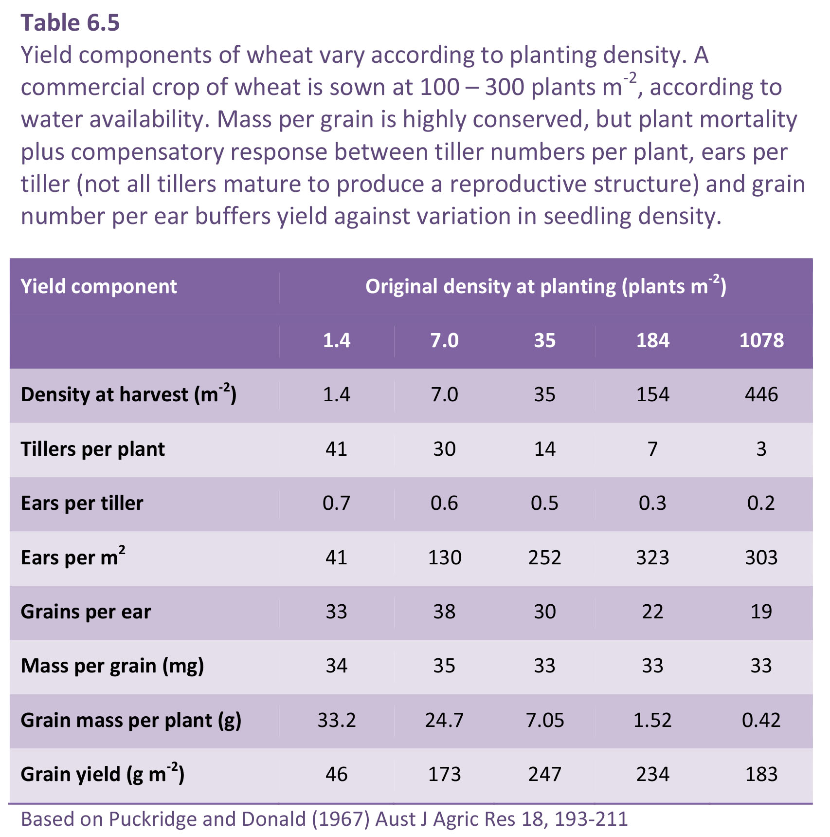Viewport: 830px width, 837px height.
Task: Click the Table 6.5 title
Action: coord(70,23)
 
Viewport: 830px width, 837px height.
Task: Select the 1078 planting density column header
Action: coord(761,340)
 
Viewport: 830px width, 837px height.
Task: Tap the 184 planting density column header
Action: coord(653,340)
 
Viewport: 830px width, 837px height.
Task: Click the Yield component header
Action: coord(99,286)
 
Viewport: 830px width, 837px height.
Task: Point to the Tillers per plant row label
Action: coord(92,449)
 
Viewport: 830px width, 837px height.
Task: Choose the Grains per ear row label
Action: coord(86,612)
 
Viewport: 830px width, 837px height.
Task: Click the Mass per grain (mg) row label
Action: coord(112,666)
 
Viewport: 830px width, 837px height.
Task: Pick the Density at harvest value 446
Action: coord(761,394)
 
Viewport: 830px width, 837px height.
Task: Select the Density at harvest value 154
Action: coord(653,394)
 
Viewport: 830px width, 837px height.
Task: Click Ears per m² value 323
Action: coord(653,557)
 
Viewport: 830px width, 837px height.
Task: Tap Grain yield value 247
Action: coord(545,774)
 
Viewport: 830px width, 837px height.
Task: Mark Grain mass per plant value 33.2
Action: coord(337,720)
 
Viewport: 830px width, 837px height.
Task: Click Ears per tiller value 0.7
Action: coord(337,503)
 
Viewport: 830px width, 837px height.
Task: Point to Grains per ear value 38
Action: coord(445,612)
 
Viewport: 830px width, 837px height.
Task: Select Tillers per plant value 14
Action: coord(545,449)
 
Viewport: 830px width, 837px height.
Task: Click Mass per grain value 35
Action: coord(445,666)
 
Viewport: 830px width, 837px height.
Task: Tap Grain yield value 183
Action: coord(761,774)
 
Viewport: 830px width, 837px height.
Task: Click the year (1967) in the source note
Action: coord(341,819)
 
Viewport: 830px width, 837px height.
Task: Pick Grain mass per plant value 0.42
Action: coord(761,720)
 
